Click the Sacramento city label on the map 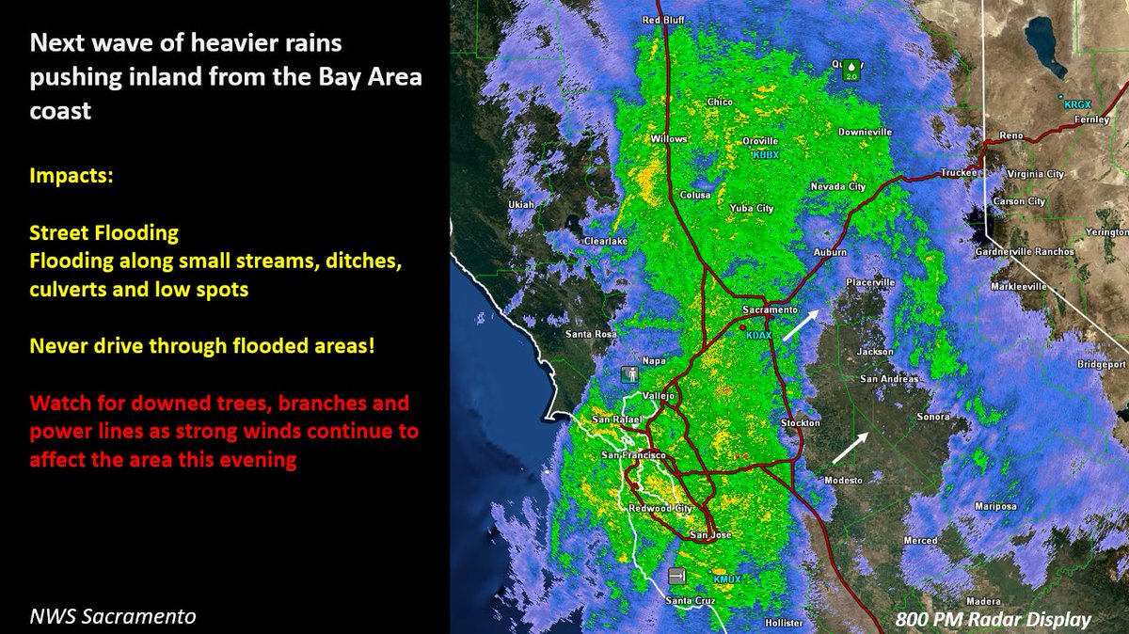point(770,309)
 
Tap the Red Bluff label point(663,20)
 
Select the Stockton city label point(801,423)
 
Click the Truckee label point(959,173)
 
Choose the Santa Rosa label point(591,334)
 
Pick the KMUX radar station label point(728,579)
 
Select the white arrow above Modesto point(850,448)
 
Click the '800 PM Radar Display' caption point(993,619)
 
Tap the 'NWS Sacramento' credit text point(112,617)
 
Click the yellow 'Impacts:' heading point(71,176)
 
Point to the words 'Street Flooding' point(103,231)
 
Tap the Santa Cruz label point(691,600)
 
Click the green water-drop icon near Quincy point(852,70)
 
